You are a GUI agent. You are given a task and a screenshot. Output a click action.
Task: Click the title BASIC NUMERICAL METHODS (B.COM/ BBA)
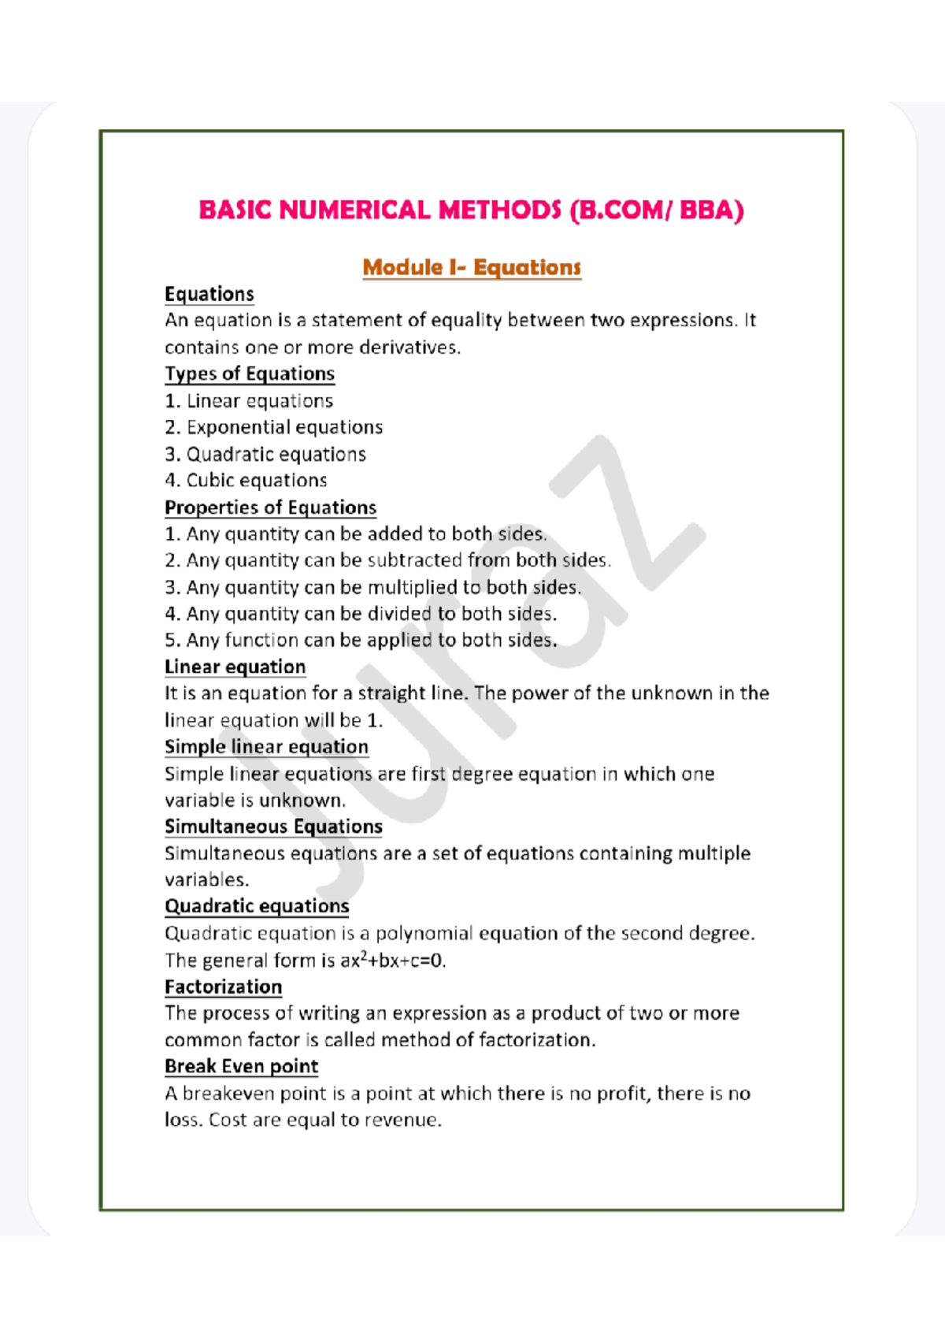tap(471, 210)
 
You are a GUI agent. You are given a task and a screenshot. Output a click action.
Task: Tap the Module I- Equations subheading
tap(472, 268)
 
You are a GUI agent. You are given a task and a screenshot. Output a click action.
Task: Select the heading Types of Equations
tap(250, 374)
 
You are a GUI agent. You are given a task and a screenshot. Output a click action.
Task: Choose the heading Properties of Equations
tap(270, 507)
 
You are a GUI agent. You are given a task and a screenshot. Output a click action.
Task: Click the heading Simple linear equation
tap(266, 747)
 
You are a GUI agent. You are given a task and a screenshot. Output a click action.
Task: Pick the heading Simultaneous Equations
tap(273, 827)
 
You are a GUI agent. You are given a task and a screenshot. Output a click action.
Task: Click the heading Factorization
tap(223, 987)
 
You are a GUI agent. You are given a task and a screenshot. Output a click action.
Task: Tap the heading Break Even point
tap(241, 1066)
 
